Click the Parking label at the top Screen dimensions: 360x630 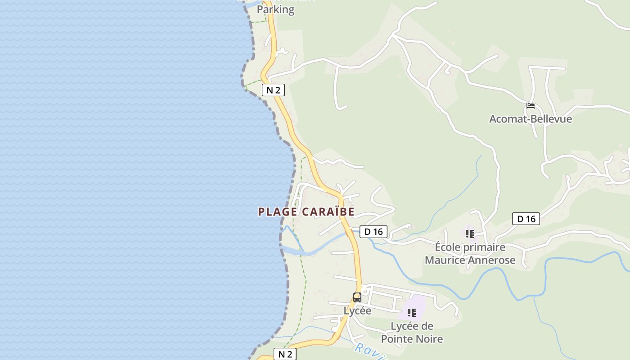pyautogui.click(x=275, y=9)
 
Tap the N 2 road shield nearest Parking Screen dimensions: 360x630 pyautogui.click(x=273, y=90)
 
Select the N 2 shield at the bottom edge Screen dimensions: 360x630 pyautogui.click(x=285, y=354)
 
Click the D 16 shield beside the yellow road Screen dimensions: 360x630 pyautogui.click(x=373, y=232)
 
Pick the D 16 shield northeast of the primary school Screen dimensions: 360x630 pyautogui.click(x=526, y=219)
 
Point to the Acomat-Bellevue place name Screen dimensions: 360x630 pyautogui.click(x=531, y=119)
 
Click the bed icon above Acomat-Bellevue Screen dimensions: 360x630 pyautogui.click(x=531, y=106)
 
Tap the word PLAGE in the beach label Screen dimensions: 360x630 pyautogui.click(x=278, y=212)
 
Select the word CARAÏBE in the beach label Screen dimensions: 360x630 pyautogui.click(x=328, y=212)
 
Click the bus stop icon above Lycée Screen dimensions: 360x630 pyautogui.click(x=357, y=297)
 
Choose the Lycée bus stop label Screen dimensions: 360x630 pyautogui.click(x=357, y=310)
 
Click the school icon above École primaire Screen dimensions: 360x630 pyautogui.click(x=470, y=234)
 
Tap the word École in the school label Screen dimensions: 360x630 pyautogui.click(x=448, y=247)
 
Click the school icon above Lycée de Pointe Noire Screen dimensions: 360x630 pyautogui.click(x=412, y=312)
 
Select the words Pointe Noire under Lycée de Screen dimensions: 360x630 pyautogui.click(x=412, y=339)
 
